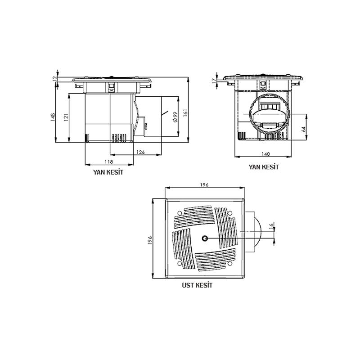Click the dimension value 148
point(53,117)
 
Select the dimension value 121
point(66,117)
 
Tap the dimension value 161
point(185,113)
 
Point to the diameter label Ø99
point(175,117)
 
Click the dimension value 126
point(140,152)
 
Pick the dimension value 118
point(109,162)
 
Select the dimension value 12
point(54,78)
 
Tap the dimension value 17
point(214,81)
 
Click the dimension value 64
point(304,129)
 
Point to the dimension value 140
point(265,154)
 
